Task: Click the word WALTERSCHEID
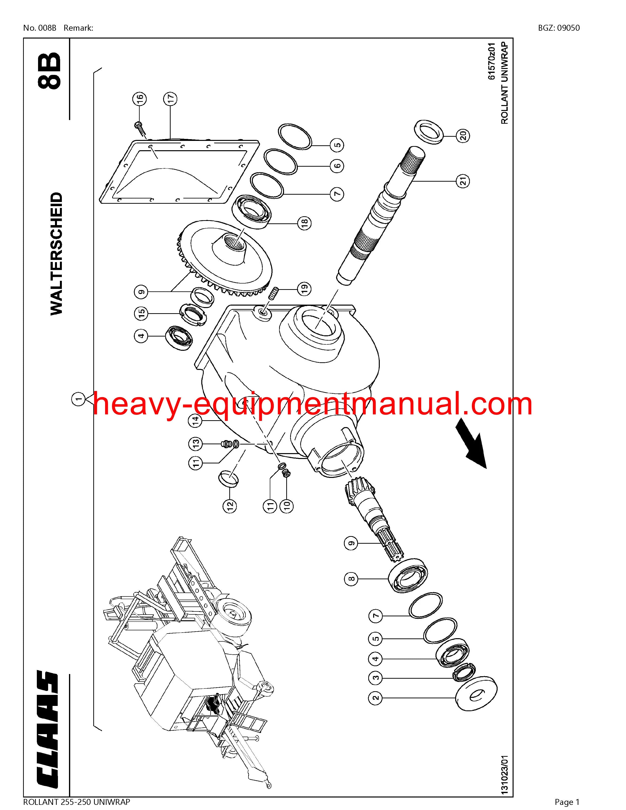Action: coord(56,254)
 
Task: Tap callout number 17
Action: coord(170,99)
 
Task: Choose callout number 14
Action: coord(196,420)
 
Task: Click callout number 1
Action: coord(79,399)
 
